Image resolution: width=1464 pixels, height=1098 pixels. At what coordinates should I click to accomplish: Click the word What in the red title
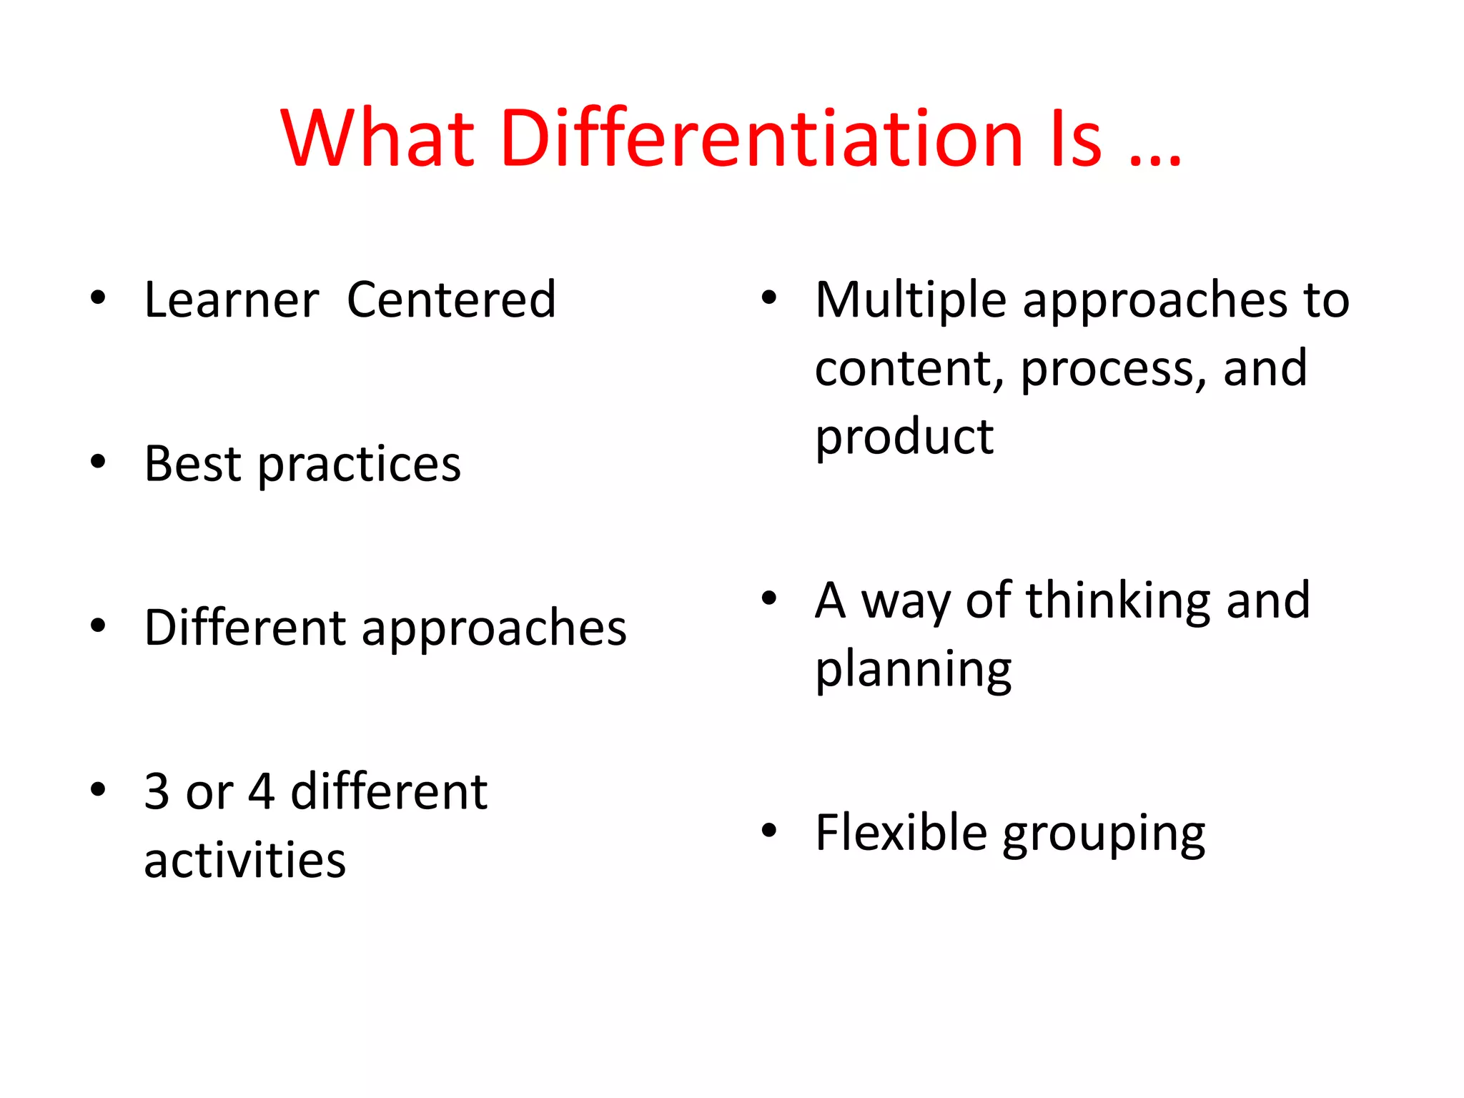(377, 137)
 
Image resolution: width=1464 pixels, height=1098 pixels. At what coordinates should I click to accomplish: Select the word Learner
(231, 300)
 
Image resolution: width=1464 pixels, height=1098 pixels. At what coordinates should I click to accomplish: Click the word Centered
(451, 300)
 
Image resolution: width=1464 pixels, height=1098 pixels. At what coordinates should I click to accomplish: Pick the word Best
(192, 464)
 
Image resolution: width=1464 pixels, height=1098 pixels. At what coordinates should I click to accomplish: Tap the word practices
(360, 466)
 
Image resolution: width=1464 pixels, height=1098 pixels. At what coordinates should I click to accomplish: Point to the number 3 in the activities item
(157, 791)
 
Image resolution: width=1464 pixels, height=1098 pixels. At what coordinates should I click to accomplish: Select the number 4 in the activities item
(262, 791)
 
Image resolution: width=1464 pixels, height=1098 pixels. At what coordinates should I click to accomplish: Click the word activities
(244, 859)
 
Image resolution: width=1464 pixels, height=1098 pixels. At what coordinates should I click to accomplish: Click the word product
(904, 437)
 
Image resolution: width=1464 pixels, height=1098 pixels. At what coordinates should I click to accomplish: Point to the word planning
(913, 670)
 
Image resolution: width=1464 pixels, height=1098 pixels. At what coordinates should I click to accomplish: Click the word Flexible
(901, 833)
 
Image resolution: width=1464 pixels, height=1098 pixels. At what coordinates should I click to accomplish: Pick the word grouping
(1104, 835)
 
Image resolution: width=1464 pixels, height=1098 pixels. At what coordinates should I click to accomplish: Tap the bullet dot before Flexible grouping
(769, 831)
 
